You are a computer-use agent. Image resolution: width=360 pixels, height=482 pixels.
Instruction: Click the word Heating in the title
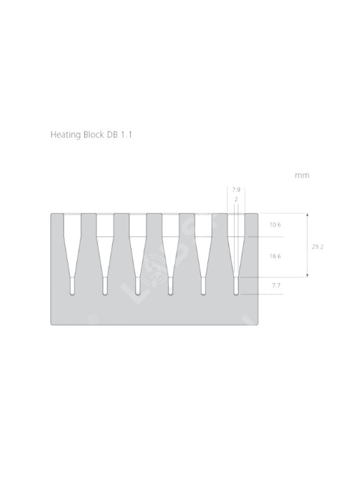tap(65, 135)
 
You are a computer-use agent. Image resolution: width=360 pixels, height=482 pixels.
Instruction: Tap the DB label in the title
tap(112, 135)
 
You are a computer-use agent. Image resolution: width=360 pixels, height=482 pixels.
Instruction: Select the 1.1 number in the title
tap(126, 135)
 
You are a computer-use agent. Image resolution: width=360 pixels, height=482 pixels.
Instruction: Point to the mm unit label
tap(302, 176)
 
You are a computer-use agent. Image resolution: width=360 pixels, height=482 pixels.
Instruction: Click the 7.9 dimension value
tap(236, 190)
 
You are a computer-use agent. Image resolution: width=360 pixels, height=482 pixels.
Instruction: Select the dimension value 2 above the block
tap(236, 199)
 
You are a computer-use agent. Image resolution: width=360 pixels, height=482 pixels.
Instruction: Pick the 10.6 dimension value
tap(275, 225)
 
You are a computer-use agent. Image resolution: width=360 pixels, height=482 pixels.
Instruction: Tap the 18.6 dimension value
tap(275, 256)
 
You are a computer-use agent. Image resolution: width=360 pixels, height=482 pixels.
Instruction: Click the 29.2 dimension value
tap(317, 247)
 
